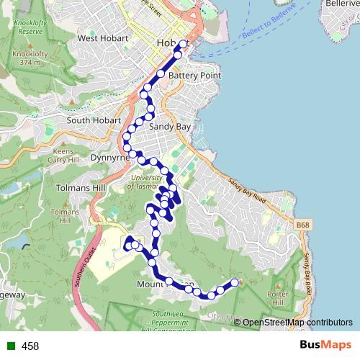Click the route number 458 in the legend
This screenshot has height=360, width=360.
click(x=30, y=346)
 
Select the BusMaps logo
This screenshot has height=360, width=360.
click(x=327, y=346)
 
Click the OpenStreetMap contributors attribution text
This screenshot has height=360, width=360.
click(x=297, y=323)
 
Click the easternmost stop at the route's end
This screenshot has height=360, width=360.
click(x=234, y=282)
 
